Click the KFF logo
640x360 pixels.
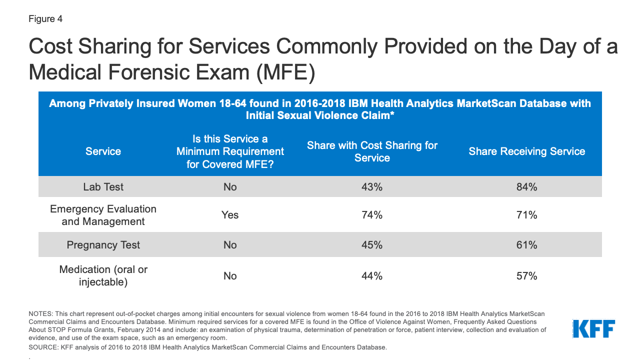pos(593,329)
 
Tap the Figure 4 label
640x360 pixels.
pos(45,19)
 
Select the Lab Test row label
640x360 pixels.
pos(103,187)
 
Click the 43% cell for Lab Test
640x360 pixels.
pos(372,187)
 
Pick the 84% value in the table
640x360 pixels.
pos(526,187)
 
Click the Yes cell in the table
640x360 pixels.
pos(230,215)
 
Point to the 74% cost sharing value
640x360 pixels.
pos(372,215)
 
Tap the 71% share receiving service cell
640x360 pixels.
pos(526,215)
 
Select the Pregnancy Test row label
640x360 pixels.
pos(103,245)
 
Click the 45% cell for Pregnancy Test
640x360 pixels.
pos(372,245)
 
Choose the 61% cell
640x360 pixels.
pos(526,245)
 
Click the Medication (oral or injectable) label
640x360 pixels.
pos(103,275)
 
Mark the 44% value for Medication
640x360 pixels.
pos(372,276)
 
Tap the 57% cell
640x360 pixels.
pos(526,276)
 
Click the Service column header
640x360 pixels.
pos(103,151)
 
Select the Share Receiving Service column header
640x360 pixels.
pos(526,151)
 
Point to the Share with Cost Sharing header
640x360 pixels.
pos(372,151)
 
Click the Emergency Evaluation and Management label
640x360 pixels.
pos(103,215)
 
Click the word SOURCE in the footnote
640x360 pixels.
pos(42,347)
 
